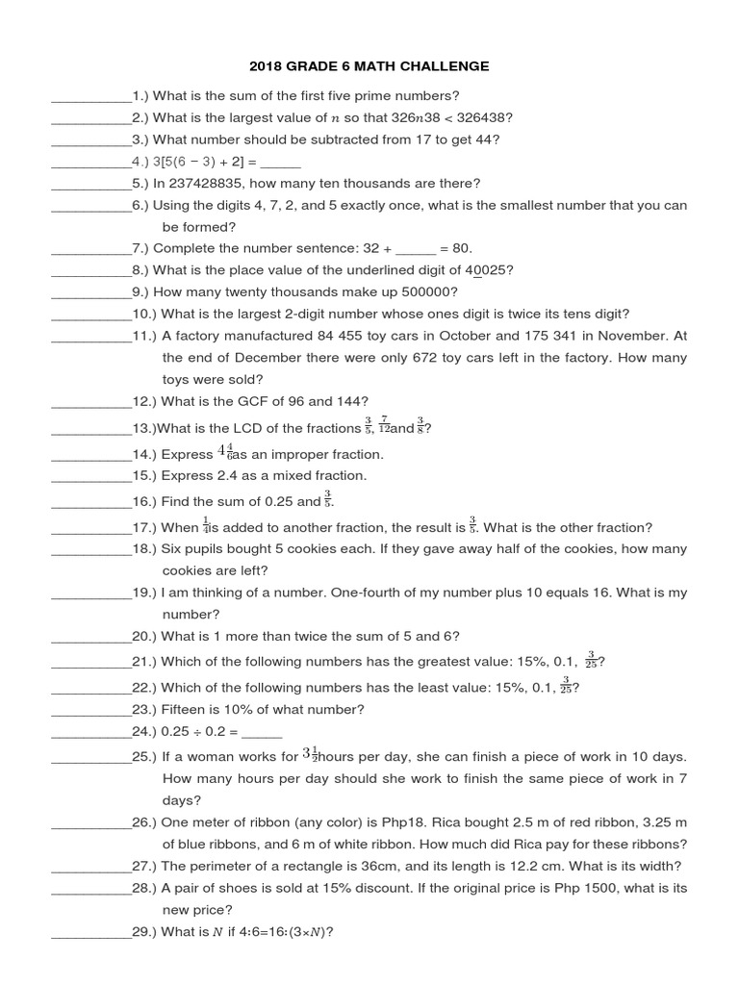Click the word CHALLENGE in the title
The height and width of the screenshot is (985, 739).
[x=446, y=66]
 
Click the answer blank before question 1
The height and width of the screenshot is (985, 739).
[x=90, y=96]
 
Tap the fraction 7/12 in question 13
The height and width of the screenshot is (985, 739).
[x=383, y=425]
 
